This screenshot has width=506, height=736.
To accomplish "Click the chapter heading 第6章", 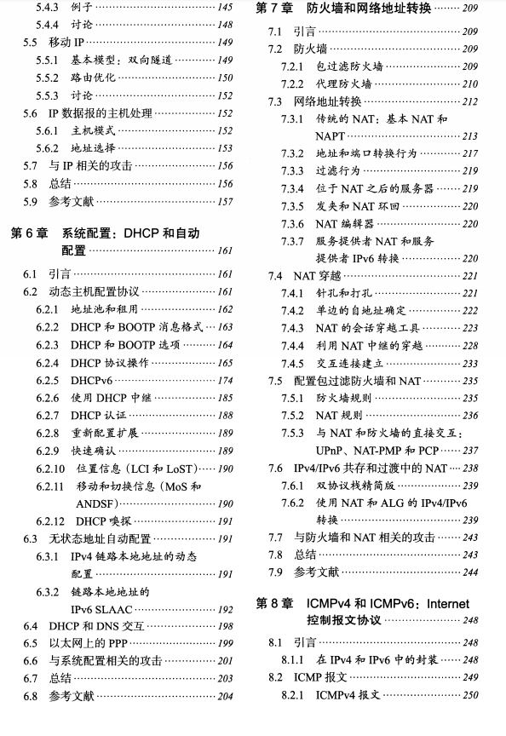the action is coord(30,233).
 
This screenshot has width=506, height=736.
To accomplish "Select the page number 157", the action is coord(225,202).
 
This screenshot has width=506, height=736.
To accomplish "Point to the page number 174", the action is coord(225,380).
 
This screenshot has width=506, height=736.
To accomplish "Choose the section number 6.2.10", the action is coord(50,469).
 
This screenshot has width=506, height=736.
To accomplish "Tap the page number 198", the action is coord(225,626).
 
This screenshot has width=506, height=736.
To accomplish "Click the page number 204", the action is coord(225,697).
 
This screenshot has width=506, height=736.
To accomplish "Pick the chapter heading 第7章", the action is coord(275,9).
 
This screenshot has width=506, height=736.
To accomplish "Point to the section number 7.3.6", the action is coord(293,223).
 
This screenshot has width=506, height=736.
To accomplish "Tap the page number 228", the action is coord(469,345).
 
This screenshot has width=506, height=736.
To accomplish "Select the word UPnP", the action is coord(330,451).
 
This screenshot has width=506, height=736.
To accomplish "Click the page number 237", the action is coord(469,451).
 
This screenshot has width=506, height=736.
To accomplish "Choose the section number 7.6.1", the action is coord(293,486).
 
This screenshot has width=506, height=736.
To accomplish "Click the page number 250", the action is coord(469,696).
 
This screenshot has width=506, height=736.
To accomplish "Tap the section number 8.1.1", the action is coord(293,659).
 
